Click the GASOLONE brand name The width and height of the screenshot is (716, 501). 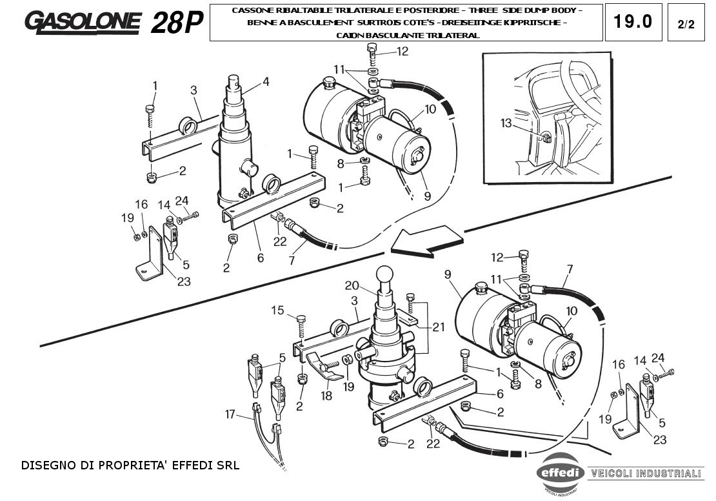[x=82, y=23]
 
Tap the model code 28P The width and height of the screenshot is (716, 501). [x=176, y=23]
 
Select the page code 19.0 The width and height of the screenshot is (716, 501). [x=633, y=22]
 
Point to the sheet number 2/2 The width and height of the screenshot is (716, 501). [x=686, y=25]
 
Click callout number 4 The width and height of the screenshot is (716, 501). [x=265, y=82]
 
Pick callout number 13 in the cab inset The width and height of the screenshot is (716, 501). [x=506, y=122]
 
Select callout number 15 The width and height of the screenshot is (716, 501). [x=277, y=311]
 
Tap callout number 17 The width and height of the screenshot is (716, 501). [x=231, y=415]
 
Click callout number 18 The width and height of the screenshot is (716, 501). [x=327, y=394]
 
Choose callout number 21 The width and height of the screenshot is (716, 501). [x=439, y=327]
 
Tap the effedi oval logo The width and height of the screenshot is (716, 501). [x=561, y=473]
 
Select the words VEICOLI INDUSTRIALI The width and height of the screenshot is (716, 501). [x=646, y=473]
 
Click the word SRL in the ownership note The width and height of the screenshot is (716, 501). [x=228, y=464]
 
